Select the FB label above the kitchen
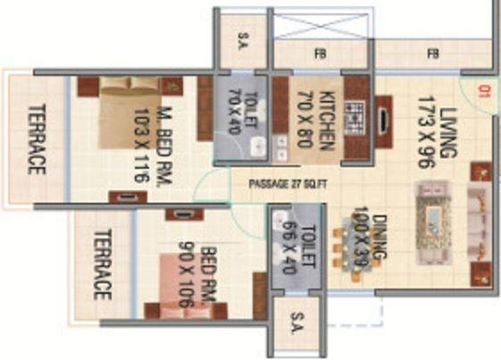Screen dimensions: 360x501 pyautogui.click(x=320, y=54)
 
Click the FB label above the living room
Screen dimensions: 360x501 pyautogui.click(x=433, y=54)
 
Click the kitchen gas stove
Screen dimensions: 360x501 pyautogui.click(x=355, y=117)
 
